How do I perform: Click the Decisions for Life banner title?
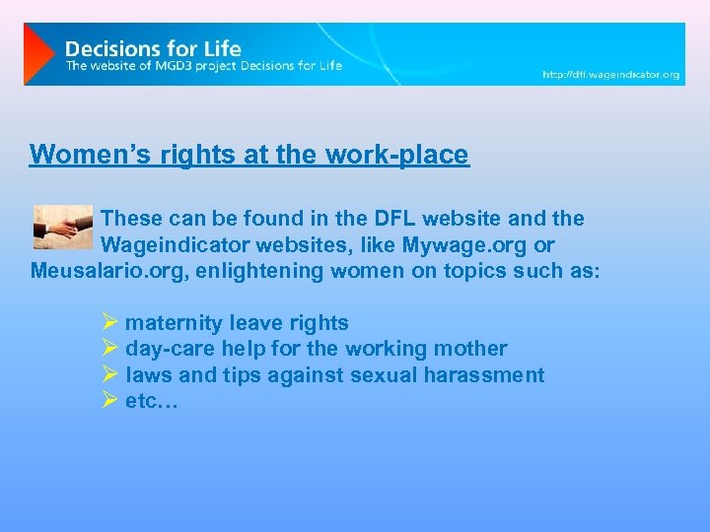(153, 47)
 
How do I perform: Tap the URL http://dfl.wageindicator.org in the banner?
(611, 74)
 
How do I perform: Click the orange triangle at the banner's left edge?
(38, 53)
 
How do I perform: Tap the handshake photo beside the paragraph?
(62, 227)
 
